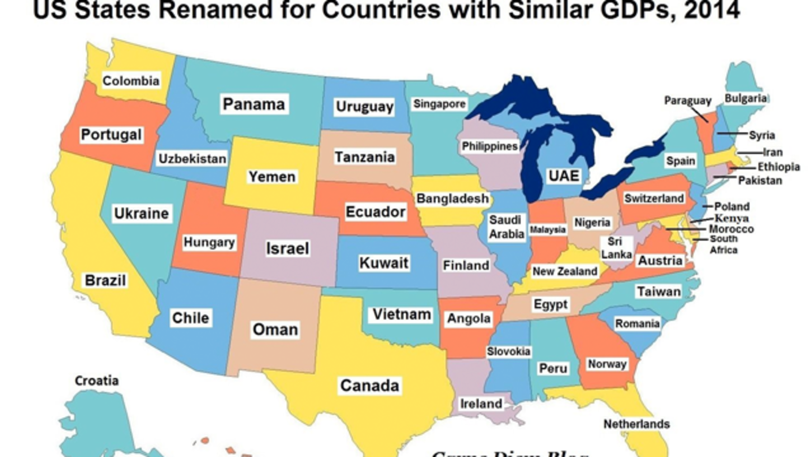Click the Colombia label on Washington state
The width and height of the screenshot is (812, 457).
click(131, 81)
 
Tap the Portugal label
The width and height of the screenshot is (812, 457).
click(111, 134)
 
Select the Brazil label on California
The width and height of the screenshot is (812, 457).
click(105, 280)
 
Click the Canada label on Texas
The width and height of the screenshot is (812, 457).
click(369, 386)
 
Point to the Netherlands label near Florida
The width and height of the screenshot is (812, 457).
click(636, 424)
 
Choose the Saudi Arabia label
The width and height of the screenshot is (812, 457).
click(507, 227)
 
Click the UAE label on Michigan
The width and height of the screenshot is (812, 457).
click(564, 176)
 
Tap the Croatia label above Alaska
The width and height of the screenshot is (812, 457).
click(97, 381)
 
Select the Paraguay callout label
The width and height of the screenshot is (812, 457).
click(688, 101)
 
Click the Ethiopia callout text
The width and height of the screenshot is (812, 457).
click(778, 167)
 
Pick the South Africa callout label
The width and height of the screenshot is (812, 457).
click(723, 245)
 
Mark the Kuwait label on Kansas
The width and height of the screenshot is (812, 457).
click(384, 263)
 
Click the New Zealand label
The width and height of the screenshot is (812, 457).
click(565, 271)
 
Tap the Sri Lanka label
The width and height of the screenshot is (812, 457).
click(616, 248)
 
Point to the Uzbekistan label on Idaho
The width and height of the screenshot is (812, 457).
click(192, 159)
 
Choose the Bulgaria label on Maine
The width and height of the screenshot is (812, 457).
click(745, 99)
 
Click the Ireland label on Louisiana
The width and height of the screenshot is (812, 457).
click(481, 404)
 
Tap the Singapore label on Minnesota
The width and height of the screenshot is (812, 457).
click(439, 104)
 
